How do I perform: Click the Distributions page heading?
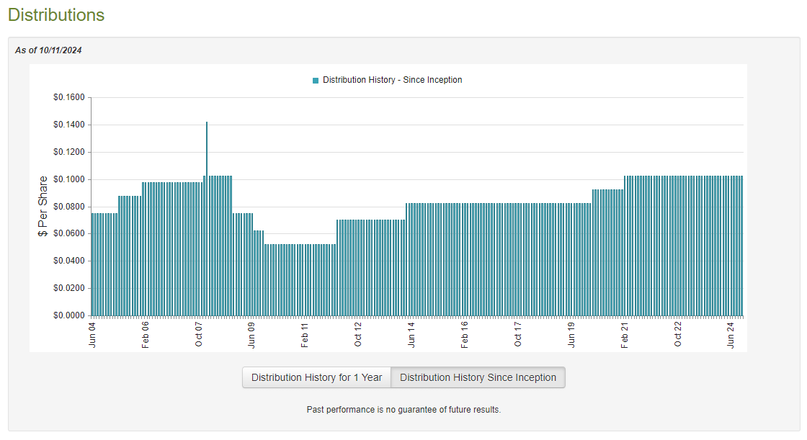point(56,15)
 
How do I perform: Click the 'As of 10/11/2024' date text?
point(48,50)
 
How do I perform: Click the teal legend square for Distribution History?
point(316,81)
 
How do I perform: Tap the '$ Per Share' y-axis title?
point(43,207)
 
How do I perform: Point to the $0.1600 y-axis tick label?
point(68,98)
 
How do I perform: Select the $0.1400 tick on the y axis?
point(68,125)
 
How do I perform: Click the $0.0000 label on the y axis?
point(68,315)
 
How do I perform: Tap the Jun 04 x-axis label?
point(92,334)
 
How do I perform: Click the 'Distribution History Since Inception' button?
point(478,377)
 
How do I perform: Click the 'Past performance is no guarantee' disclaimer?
point(403,410)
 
